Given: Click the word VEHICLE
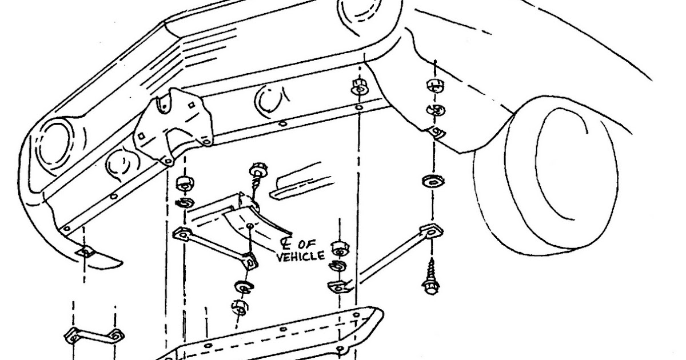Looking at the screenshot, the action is coord(300,257).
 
